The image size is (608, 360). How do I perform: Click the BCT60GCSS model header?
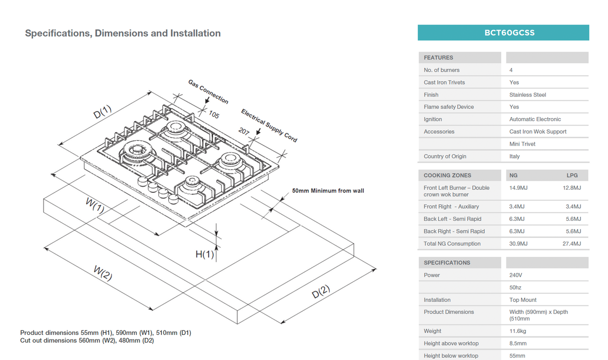coord(503,33)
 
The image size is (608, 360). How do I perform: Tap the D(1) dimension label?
coord(103,113)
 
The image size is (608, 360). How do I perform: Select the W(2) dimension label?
coord(103,274)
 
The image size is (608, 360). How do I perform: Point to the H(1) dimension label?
coord(204,254)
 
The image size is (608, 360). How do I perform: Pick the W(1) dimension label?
coord(95,205)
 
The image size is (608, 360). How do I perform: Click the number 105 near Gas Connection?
coord(214,115)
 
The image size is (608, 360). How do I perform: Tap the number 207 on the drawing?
coord(244,131)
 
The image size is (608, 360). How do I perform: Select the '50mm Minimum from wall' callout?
coord(328,191)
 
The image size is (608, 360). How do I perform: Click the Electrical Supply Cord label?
coord(269,125)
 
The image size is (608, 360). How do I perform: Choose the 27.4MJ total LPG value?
coord(571,244)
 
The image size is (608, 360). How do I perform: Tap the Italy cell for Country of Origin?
coord(514,156)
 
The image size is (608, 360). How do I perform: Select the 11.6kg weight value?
coord(517,331)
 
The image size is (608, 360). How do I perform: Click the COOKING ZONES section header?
coord(447,175)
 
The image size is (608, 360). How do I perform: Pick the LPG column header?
coord(572,175)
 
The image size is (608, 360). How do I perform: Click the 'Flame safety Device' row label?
coord(448,107)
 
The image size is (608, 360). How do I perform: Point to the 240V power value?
coord(516,275)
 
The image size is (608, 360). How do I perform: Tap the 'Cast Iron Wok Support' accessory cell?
coord(537,132)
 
